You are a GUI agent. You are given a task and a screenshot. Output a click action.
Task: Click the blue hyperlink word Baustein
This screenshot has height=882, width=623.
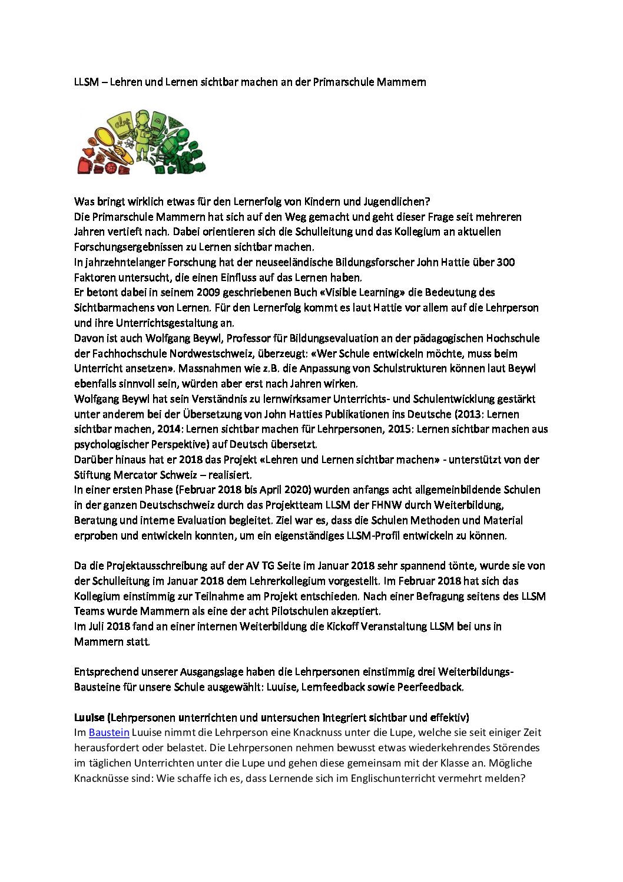click(x=109, y=732)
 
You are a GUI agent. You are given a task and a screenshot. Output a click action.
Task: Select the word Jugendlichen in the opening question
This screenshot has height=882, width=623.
click(x=395, y=201)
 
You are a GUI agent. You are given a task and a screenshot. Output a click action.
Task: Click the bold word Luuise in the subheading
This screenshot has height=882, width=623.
click(x=90, y=717)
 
